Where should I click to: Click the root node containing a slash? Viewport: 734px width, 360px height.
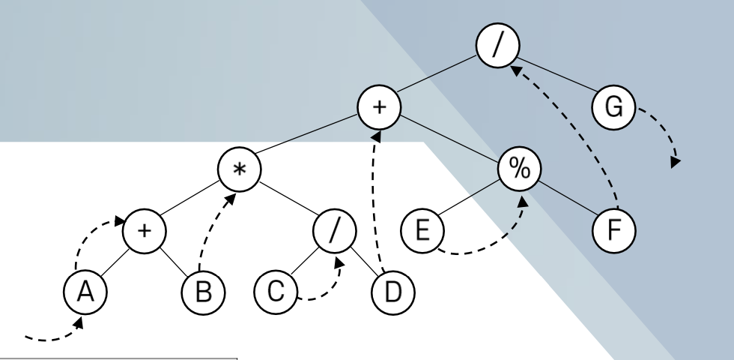(x=497, y=40)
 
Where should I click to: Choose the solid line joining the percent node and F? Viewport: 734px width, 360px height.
(x=569, y=199)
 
